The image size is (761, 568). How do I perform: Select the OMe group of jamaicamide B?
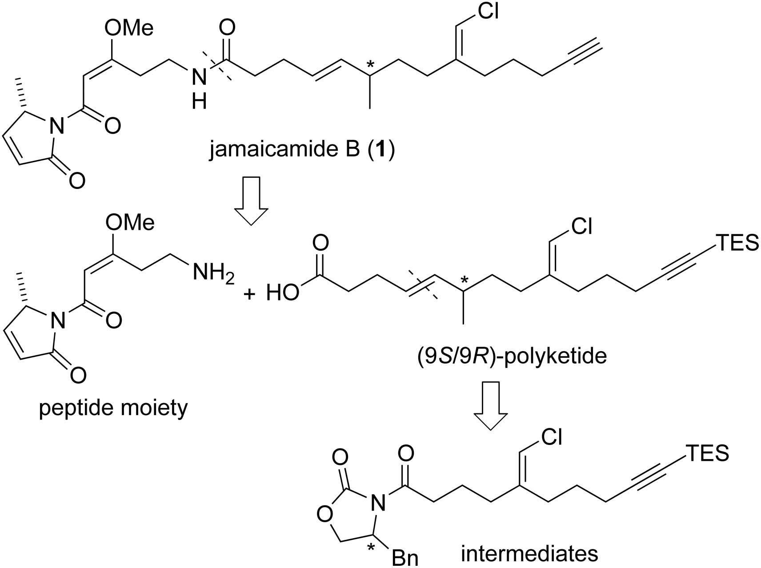point(128,28)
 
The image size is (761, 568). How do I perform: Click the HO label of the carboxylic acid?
point(283,293)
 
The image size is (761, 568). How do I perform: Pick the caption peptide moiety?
point(114,408)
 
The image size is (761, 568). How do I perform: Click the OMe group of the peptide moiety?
point(129,222)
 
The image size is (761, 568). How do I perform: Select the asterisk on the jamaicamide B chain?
point(369,66)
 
